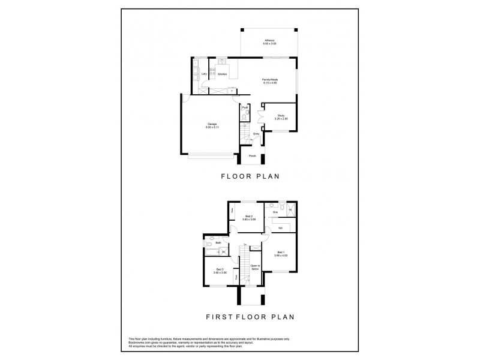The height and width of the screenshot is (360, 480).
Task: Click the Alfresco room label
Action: click(269, 40)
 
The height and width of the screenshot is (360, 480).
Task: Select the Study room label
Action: click(281, 115)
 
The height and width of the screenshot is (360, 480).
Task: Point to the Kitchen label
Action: click(222, 74)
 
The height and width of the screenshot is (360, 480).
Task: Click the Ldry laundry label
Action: click(204, 74)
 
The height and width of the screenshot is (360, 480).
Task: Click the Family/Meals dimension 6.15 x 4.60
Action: click(269, 83)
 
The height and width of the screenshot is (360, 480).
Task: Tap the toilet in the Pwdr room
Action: click(246, 113)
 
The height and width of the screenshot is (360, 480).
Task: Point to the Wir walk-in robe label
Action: click(280, 229)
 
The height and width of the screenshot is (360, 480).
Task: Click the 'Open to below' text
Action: click(254, 268)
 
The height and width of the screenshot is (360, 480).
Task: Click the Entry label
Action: click(256, 134)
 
